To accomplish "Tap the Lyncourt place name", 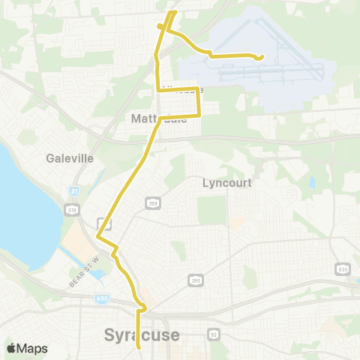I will [x=226, y=182].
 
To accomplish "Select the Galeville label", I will [x=69, y=158].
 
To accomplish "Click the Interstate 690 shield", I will [x=102, y=298].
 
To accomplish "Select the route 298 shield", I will [x=153, y=203].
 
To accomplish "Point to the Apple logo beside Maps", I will [x=11, y=348].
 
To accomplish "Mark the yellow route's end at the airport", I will [x=260, y=58].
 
